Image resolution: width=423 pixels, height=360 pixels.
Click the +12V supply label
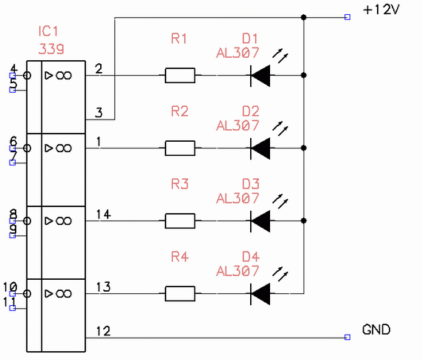pos(381,10)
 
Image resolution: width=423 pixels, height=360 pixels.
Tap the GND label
pos(376,330)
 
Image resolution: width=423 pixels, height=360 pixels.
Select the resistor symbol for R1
pos(180,75)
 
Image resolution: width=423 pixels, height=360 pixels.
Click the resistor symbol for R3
pos(180,220)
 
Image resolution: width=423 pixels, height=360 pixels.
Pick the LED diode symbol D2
pos(260,148)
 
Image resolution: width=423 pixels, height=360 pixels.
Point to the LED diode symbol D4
pos(260,294)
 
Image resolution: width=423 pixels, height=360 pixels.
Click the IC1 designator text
pos(48,31)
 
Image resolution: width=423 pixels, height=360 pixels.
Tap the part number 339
pos(51,49)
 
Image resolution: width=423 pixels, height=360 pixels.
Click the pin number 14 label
pos(104,215)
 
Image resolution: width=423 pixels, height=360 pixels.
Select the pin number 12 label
pos(104,331)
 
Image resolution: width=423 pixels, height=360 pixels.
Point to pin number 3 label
pos(99,113)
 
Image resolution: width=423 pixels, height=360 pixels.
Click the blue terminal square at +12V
pos(347,17)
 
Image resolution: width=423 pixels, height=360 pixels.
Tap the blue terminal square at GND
pos(347,337)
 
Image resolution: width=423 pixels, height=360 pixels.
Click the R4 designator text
pos(180,257)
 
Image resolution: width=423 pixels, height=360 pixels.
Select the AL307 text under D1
pos(237,53)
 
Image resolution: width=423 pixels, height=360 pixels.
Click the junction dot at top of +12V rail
pos(304,17)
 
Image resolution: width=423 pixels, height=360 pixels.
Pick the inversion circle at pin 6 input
pos(27,148)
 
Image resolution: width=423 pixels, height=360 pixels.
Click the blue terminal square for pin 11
pos(13,308)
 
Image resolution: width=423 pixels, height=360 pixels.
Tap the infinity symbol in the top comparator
pos(64,75)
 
